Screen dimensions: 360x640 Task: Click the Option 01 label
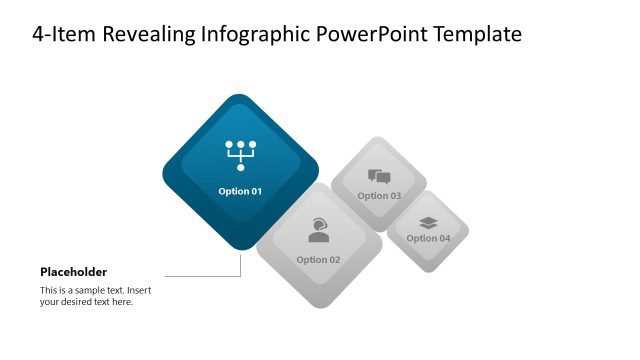pyautogui.click(x=240, y=191)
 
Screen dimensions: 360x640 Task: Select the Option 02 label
pyautogui.click(x=318, y=260)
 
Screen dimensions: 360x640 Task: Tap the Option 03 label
pyautogui.click(x=379, y=196)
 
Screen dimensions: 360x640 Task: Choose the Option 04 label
pyautogui.click(x=428, y=238)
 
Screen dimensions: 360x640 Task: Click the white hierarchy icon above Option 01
pyautogui.click(x=240, y=155)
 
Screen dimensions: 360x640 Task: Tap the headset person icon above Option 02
pyautogui.click(x=319, y=230)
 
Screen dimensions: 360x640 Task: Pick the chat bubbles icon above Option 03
pyautogui.click(x=379, y=177)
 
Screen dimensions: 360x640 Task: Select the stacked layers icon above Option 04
pyautogui.click(x=428, y=222)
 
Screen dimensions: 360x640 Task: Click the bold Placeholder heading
pyautogui.click(x=73, y=272)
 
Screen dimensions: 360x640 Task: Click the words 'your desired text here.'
pyautogui.click(x=86, y=302)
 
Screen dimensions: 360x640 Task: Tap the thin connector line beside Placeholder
pyautogui.click(x=200, y=275)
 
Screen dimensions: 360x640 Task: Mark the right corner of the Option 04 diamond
pyautogui.click(x=468, y=232)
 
